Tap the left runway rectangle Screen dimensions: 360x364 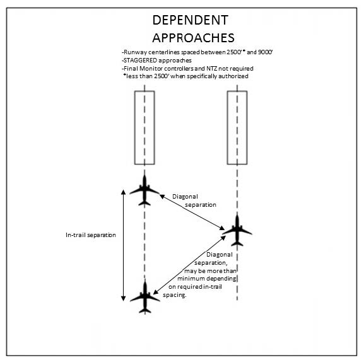click(144, 127)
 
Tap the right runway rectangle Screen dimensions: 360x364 click(237, 127)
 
